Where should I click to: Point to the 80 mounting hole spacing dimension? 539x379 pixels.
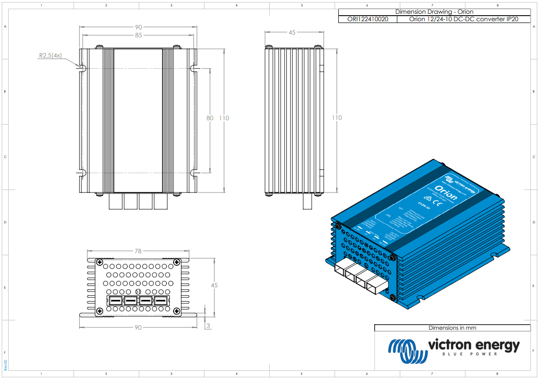pyautogui.click(x=210, y=118)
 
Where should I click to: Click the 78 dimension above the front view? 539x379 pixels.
pyautogui.click(x=138, y=251)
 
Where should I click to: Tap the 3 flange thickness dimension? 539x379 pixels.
pyautogui.click(x=208, y=326)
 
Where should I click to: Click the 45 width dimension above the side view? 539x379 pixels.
pyautogui.click(x=292, y=33)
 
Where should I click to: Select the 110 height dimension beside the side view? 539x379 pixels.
pyautogui.click(x=337, y=118)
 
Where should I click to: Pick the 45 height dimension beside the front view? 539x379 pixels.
pyautogui.click(x=214, y=286)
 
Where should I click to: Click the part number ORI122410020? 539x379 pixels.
pyautogui.click(x=368, y=19)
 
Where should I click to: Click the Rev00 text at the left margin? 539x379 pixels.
pyautogui.click(x=6, y=365)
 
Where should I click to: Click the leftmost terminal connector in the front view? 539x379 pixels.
pyautogui.click(x=115, y=301)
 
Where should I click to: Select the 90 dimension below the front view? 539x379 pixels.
pyautogui.click(x=138, y=327)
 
